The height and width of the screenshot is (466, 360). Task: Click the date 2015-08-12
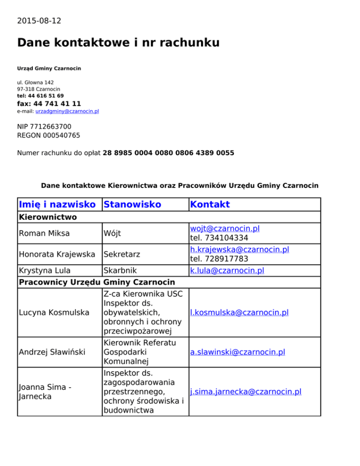point(39,21)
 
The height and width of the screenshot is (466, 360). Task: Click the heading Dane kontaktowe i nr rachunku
point(118,43)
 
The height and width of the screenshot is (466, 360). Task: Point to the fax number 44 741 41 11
point(57,104)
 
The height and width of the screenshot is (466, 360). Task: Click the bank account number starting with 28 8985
point(168,153)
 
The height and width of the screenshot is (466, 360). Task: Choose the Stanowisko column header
point(132,204)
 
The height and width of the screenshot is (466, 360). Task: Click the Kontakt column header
point(210,204)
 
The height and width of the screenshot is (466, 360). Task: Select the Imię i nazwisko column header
point(59,204)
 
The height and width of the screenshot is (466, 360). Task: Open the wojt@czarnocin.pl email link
point(225,229)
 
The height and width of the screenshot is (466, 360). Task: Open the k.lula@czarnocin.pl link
point(227,271)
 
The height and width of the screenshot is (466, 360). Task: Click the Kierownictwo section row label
point(47,217)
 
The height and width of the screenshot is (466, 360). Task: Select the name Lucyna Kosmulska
point(53,312)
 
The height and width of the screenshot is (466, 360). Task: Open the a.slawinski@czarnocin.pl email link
point(238,352)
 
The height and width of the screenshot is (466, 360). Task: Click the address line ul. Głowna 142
point(35,82)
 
